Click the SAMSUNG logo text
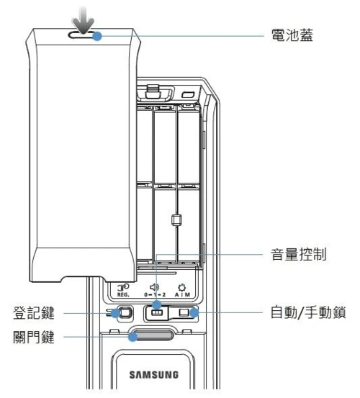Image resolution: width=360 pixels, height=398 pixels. [151, 374]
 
